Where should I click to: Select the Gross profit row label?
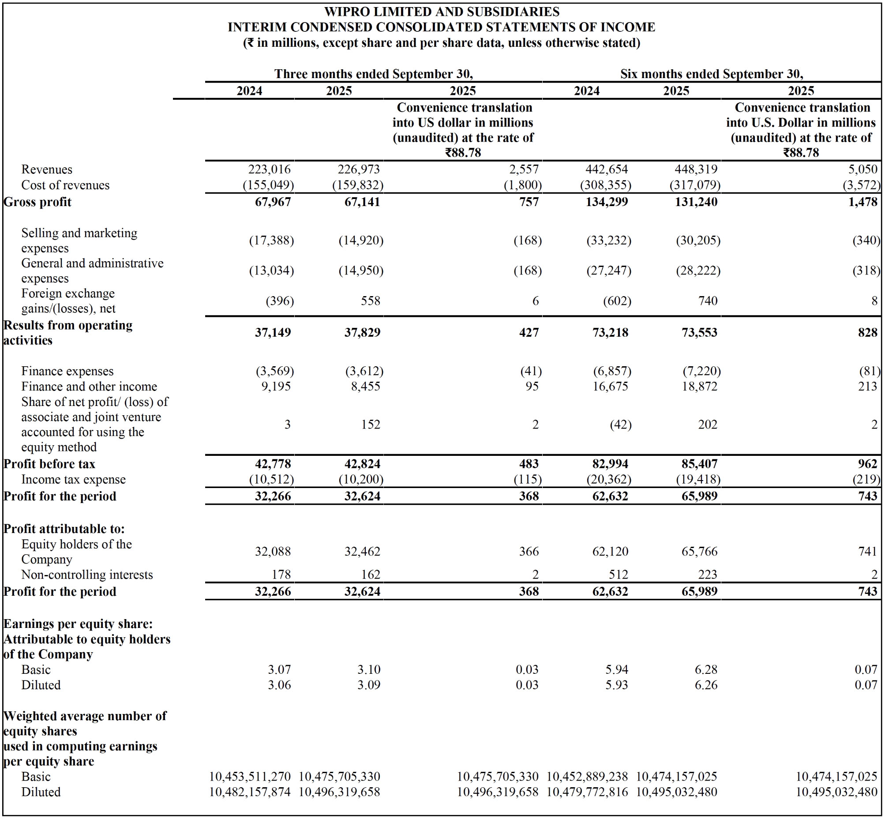(37, 202)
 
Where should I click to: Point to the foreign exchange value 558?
(371, 301)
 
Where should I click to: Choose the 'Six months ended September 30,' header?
(711, 74)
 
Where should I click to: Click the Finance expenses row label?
(67, 371)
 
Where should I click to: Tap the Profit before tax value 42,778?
(273, 464)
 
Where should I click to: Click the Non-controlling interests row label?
(87, 575)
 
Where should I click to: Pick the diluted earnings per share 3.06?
(279, 685)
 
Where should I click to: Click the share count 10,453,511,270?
(250, 777)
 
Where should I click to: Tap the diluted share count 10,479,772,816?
(587, 792)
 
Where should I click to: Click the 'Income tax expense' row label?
(74, 480)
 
